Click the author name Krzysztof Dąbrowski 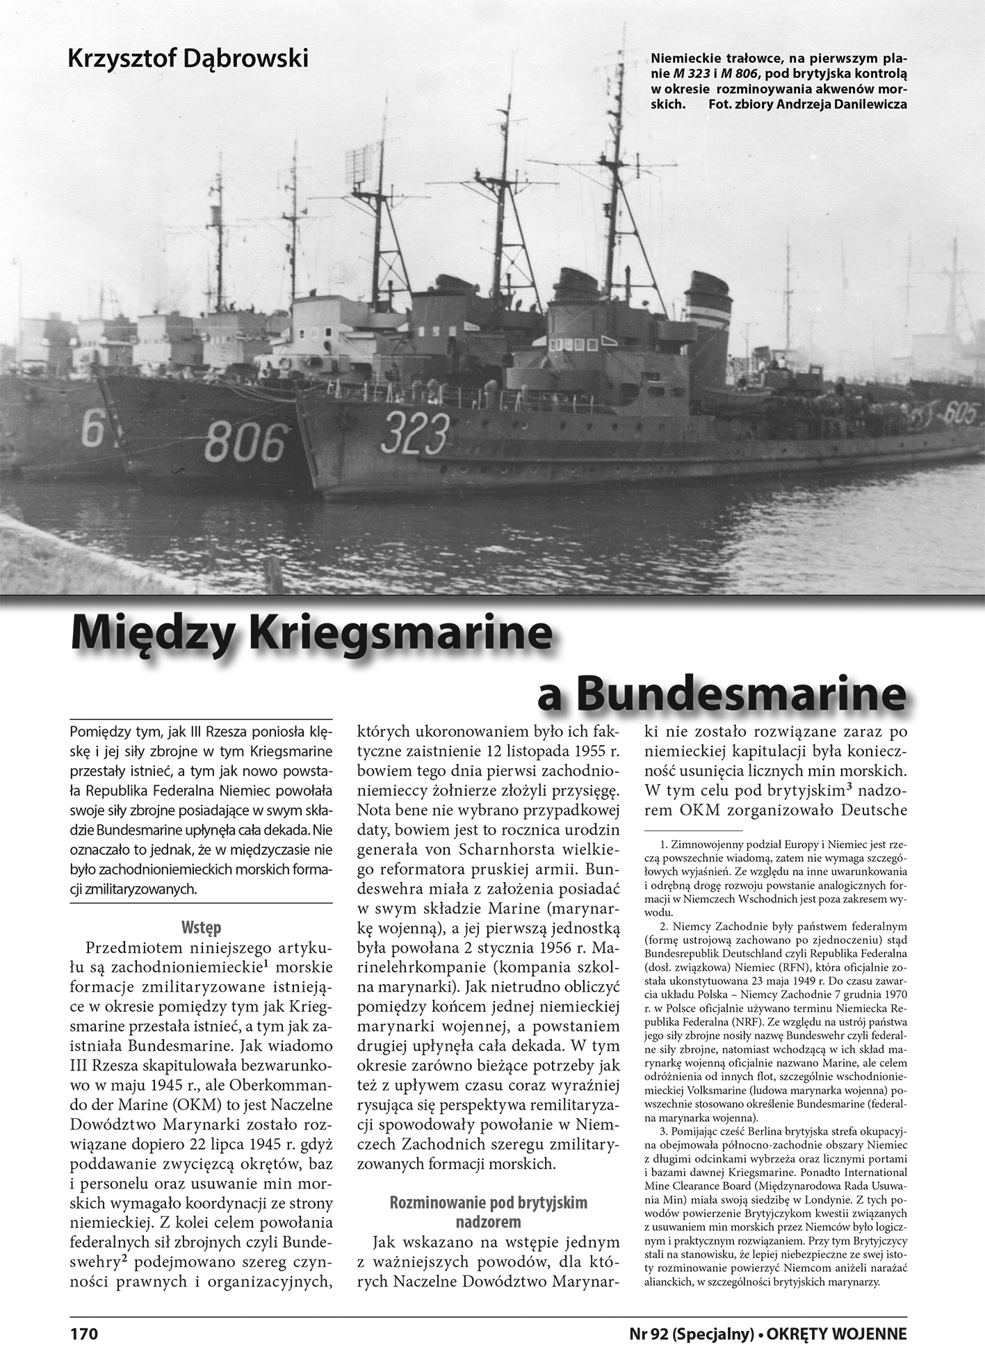coord(188,58)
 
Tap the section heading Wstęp coord(201,927)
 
